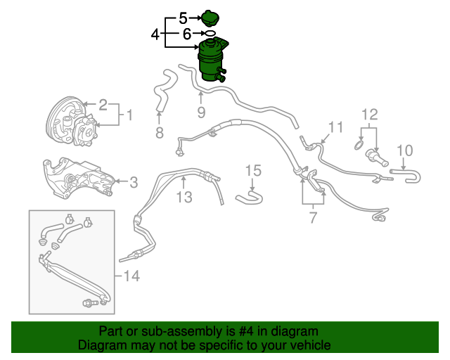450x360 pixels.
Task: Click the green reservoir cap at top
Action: pos(210,16)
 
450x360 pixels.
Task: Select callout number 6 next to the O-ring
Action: pos(186,33)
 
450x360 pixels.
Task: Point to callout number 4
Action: pos(155,33)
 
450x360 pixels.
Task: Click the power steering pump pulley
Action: pos(60,123)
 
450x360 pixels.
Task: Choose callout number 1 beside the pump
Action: pos(129,114)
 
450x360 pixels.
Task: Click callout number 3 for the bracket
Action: pos(133,182)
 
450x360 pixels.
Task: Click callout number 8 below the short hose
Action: pos(159,132)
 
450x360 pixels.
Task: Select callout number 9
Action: pos(200,112)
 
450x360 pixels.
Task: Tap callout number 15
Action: pos(253,170)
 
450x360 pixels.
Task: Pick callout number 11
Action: pos(335,127)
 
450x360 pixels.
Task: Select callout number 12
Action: pos(370,114)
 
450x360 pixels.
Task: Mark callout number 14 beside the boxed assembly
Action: pos(131,276)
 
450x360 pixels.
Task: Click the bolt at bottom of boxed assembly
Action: pos(90,303)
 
